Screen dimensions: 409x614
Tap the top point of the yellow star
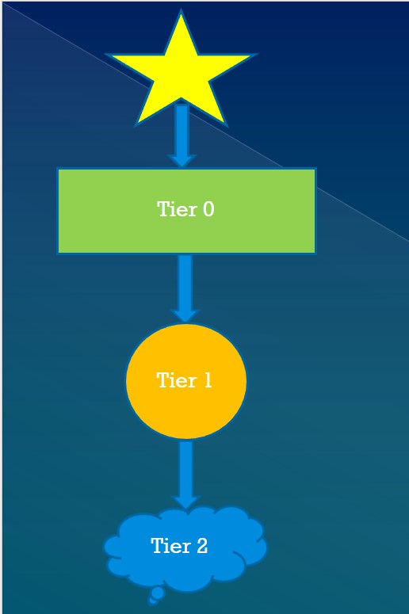click(181, 10)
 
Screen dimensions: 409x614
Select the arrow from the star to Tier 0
click(182, 135)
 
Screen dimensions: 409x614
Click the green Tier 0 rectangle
click(186, 211)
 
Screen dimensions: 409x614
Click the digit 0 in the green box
click(208, 208)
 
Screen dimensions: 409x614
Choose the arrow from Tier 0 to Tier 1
click(185, 289)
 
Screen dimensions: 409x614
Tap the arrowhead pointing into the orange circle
click(185, 316)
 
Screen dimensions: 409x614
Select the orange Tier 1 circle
click(186, 381)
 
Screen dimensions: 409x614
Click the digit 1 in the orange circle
click(207, 380)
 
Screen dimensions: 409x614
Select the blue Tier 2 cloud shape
click(185, 548)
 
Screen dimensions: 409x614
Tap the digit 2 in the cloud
click(202, 546)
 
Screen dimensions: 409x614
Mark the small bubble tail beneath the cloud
click(156, 596)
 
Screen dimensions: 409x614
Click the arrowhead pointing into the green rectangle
click(182, 161)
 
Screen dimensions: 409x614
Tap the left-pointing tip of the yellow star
click(107, 55)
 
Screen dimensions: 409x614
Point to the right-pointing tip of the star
click(255, 55)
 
